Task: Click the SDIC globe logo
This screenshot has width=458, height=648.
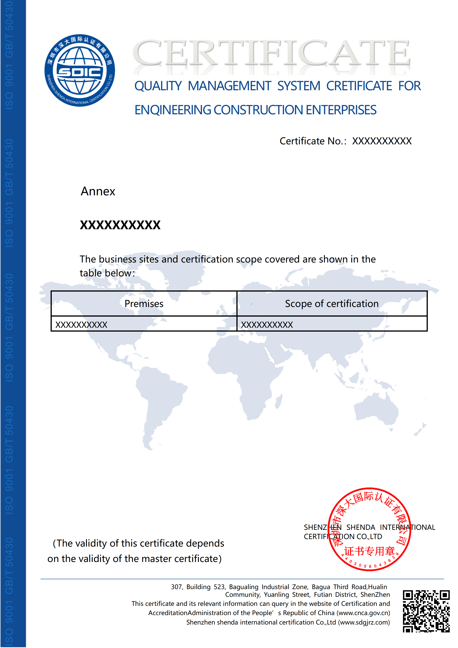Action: point(80,71)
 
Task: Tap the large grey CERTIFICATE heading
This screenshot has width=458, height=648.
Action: point(271,54)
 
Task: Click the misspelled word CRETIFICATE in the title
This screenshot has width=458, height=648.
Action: point(359,86)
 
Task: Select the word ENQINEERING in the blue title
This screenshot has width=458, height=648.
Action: point(173,110)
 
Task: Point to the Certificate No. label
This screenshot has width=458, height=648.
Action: point(312,141)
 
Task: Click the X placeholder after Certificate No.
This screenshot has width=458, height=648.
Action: point(382,141)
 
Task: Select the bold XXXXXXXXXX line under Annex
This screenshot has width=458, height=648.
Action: point(120,225)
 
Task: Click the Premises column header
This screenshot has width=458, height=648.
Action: point(144,304)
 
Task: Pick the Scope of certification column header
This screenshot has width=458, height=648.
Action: point(332,304)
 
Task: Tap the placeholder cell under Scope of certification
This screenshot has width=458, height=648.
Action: point(267,325)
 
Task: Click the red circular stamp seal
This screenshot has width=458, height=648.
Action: point(370,529)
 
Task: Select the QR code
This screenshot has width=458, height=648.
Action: point(426,611)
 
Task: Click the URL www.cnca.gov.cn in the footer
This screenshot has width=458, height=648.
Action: point(364,613)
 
